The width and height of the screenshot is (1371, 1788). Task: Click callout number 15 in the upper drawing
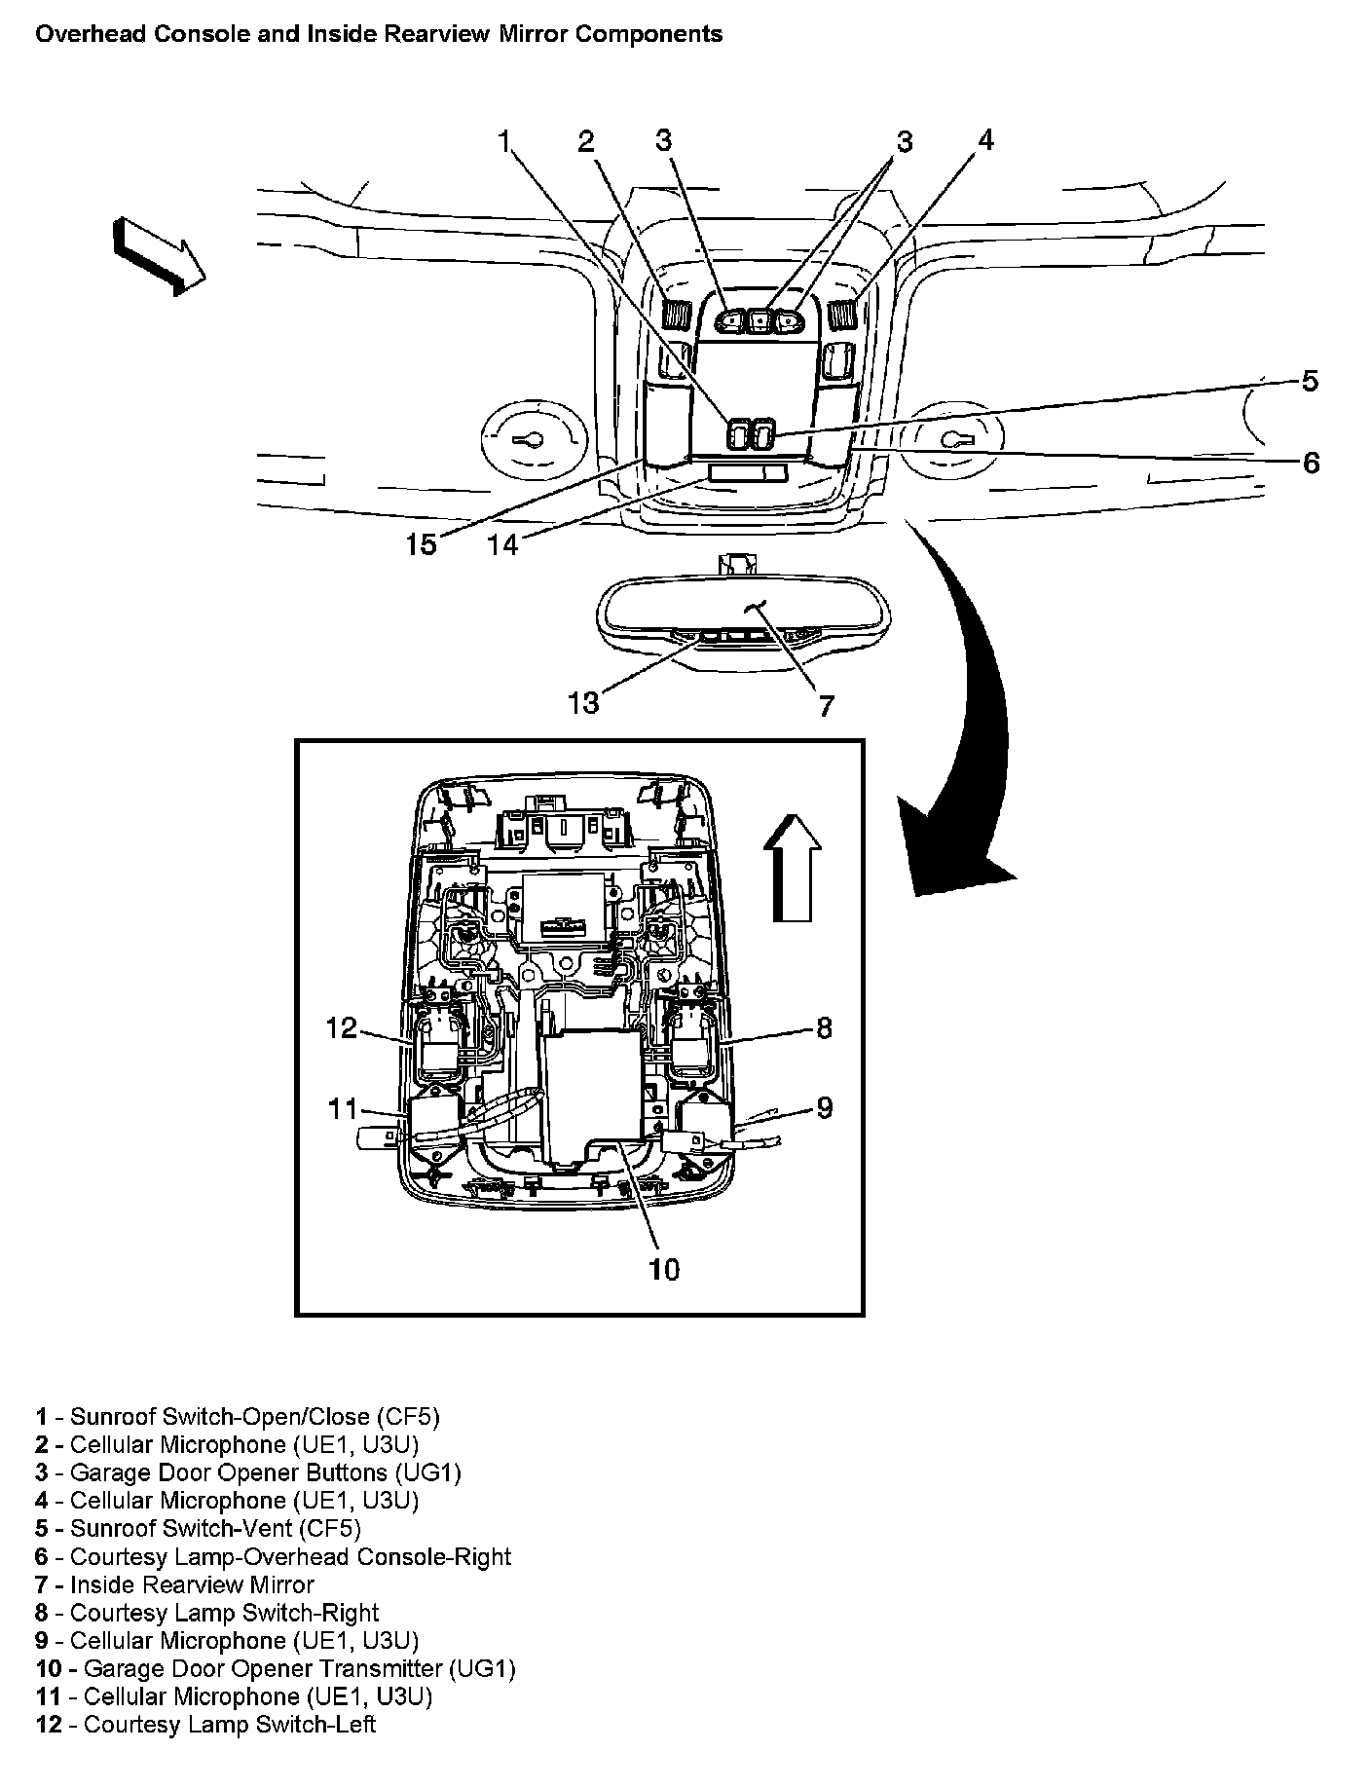coord(422,543)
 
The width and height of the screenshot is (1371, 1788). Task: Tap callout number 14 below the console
coord(503,543)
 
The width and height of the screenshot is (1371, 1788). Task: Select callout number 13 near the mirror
coord(583,702)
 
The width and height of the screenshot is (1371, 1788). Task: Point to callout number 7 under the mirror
coord(826,705)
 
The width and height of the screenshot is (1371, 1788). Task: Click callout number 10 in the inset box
coord(664,1269)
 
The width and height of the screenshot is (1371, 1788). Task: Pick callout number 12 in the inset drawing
coord(342,1028)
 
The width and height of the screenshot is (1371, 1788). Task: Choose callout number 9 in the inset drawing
coord(825,1107)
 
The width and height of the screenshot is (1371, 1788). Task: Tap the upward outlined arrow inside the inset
coord(793,869)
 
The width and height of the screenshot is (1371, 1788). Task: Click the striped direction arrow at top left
coord(159,255)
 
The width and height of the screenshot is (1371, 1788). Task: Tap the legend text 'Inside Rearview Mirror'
coord(192,1583)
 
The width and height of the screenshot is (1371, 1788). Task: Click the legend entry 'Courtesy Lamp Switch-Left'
coord(230,1724)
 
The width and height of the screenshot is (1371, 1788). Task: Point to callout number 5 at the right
coord(1310,381)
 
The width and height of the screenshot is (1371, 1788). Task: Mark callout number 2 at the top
coord(585,142)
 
